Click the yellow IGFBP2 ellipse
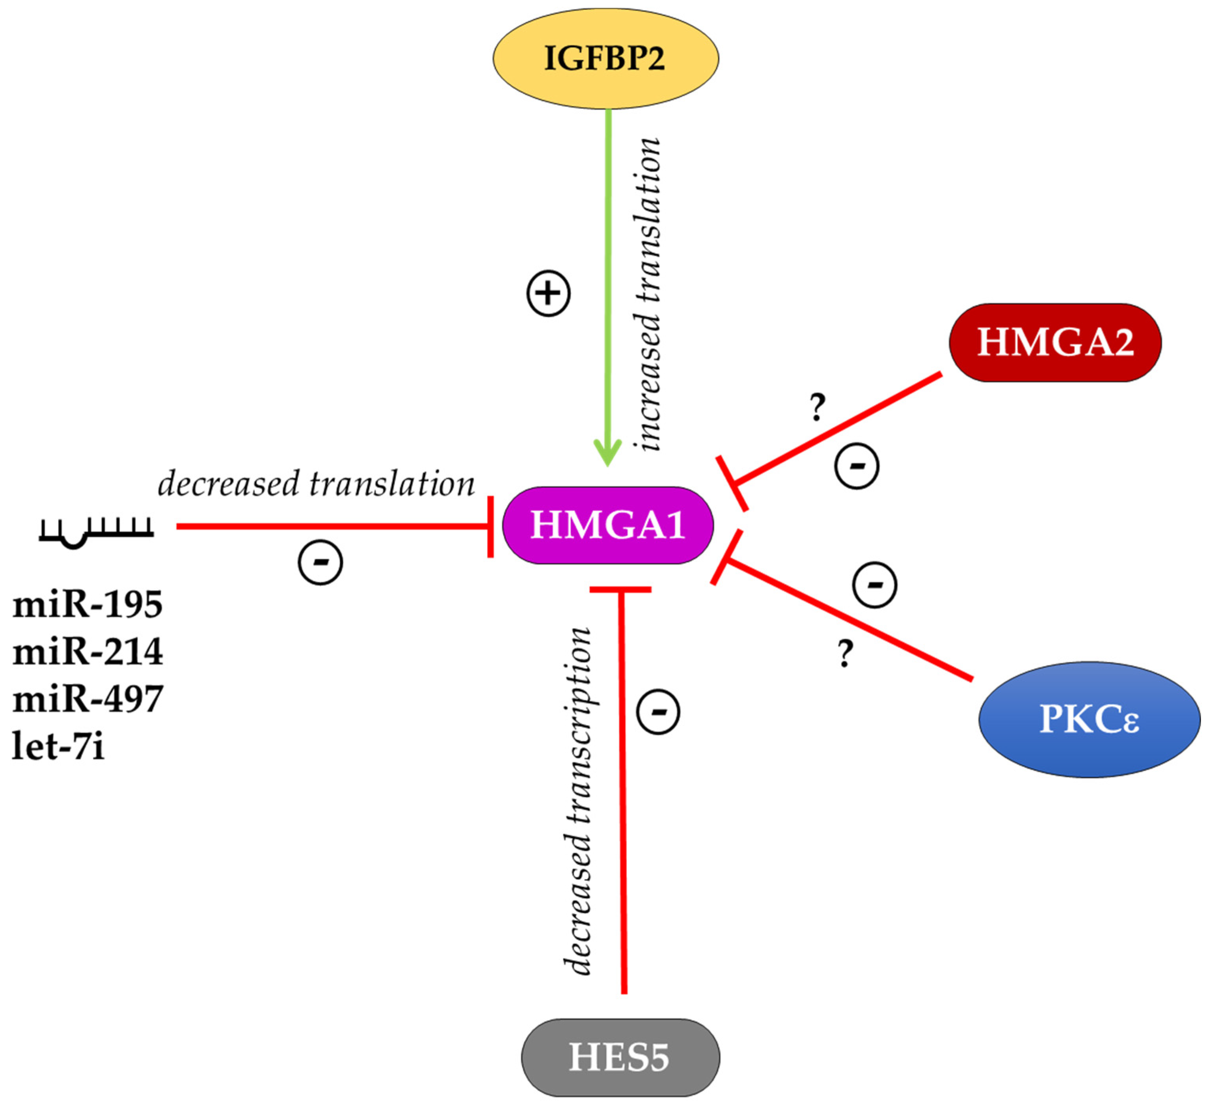[605, 58]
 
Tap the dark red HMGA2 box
[1055, 342]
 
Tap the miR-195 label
[88, 604]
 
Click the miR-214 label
[88, 652]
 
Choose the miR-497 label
[88, 699]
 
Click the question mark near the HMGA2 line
[818, 407]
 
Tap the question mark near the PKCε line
[845, 654]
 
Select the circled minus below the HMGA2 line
[857, 466]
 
